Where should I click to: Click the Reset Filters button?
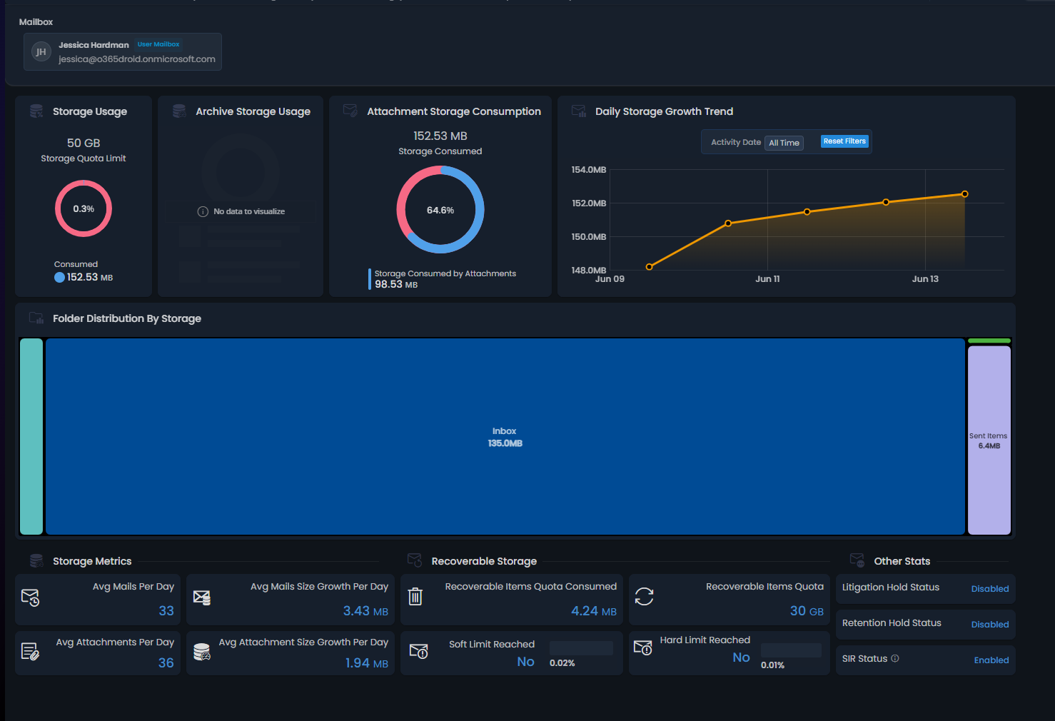844,141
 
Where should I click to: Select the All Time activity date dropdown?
784,143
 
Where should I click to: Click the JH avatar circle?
41,51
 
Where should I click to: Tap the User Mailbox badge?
158,44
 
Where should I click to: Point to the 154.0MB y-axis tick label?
588,170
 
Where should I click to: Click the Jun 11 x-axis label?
767,279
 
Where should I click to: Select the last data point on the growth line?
964,194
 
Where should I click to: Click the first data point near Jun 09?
649,267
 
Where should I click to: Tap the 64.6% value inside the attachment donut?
440,211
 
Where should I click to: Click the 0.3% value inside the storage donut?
84,209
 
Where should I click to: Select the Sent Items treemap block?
989,440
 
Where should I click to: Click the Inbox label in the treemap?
504,431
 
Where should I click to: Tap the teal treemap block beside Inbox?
31,436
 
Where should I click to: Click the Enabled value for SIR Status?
991,660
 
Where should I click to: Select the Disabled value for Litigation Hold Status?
989,589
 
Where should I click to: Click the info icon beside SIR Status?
895,658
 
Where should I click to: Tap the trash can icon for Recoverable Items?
415,596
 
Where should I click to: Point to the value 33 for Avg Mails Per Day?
166,611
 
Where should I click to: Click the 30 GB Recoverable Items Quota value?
806,611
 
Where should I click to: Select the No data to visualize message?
248,212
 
